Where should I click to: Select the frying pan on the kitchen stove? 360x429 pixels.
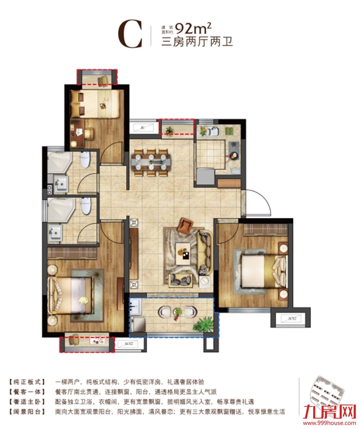[234, 156]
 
